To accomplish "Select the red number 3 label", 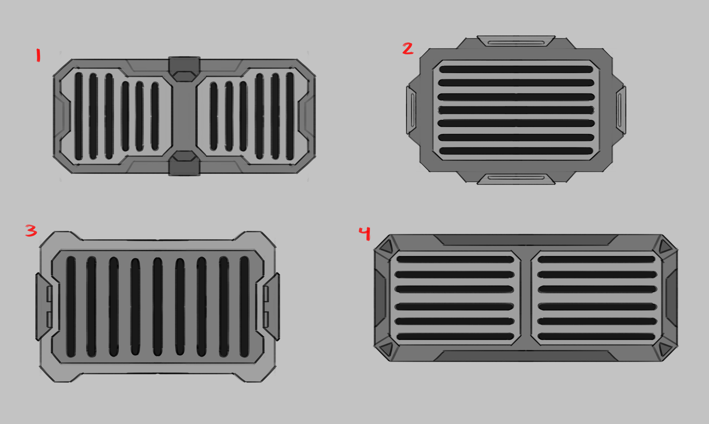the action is point(31,231).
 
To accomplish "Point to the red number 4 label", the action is point(365,233).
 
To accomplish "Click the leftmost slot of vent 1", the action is point(79,116).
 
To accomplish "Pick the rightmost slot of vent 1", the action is point(290,116).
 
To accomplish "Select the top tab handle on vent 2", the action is point(516,41).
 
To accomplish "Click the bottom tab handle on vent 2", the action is point(516,179).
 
